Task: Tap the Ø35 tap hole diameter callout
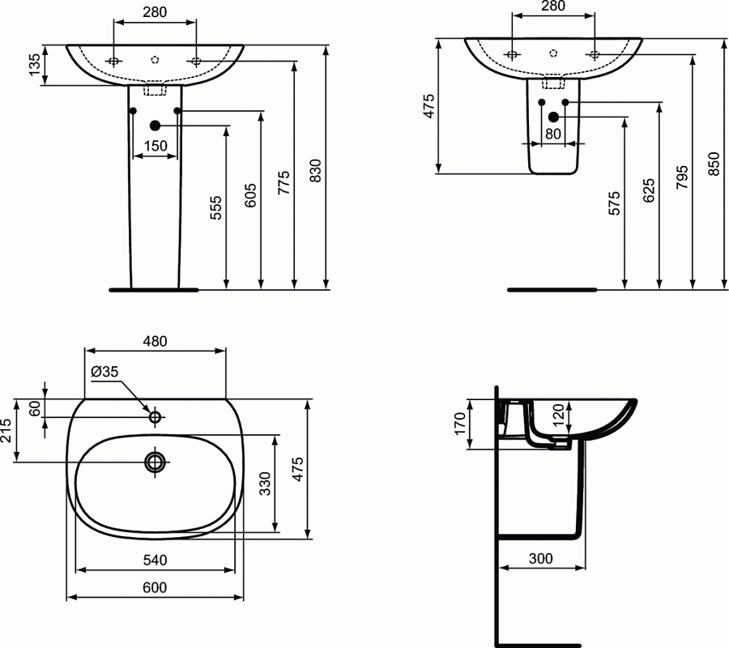point(105,371)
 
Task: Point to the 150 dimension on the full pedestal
point(155,146)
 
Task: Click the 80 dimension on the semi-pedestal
point(553,134)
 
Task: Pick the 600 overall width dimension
point(155,587)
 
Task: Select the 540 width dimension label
point(155,560)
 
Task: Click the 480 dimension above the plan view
point(155,341)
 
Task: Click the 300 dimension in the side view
point(541,558)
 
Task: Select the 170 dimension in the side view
point(459,424)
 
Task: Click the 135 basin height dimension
point(34,65)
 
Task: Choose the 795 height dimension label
point(681,177)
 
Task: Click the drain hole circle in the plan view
point(155,462)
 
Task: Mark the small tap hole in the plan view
point(155,417)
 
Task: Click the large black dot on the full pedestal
point(155,125)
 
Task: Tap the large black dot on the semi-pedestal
point(553,117)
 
